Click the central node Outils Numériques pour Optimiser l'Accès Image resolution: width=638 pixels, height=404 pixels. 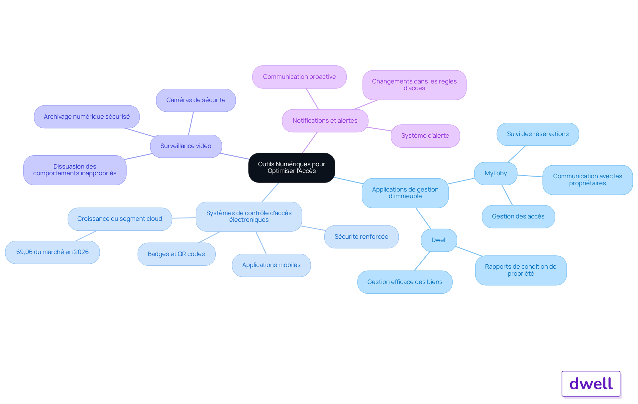[x=292, y=168]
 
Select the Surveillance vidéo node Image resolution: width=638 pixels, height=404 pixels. [x=186, y=146]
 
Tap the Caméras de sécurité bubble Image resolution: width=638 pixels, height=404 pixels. [x=196, y=100]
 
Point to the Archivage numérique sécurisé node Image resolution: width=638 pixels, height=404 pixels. [x=87, y=117]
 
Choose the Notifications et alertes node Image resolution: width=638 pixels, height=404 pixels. [x=325, y=121]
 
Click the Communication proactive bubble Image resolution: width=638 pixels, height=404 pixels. [x=299, y=77]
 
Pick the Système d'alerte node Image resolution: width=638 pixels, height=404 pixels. [x=425, y=136]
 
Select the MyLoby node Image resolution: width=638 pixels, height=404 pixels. [x=496, y=173]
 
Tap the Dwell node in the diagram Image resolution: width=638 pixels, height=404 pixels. [x=439, y=240]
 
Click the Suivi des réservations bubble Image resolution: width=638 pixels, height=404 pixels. [x=538, y=134]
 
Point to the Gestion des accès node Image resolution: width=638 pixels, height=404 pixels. [x=518, y=216]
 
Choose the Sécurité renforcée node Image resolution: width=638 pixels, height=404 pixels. [x=362, y=237]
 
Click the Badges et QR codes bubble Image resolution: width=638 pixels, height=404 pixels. [x=176, y=254]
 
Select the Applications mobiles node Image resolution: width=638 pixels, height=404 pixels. [x=271, y=265]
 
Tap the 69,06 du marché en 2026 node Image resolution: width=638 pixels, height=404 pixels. [x=53, y=252]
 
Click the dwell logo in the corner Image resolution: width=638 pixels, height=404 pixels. [x=591, y=384]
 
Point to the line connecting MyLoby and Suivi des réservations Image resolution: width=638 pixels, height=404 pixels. [x=517, y=154]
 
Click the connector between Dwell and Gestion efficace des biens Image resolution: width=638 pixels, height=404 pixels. [x=422, y=261]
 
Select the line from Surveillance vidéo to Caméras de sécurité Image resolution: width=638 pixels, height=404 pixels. [x=191, y=123]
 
